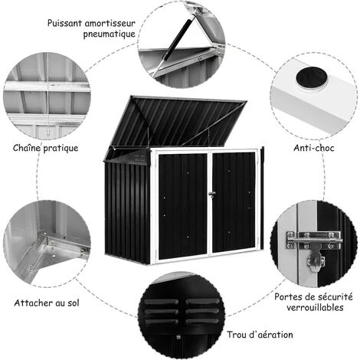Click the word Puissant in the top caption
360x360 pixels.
(65, 23)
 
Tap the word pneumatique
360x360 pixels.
(109, 34)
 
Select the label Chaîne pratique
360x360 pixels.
(45, 148)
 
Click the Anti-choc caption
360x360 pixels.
(314, 148)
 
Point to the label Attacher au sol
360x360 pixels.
(47, 303)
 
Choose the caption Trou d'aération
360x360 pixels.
(260, 335)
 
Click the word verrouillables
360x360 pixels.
(315, 307)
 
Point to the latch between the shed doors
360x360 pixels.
(211, 195)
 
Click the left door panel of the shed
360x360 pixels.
(182, 206)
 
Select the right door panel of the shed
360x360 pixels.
(234, 202)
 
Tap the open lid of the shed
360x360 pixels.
(176, 123)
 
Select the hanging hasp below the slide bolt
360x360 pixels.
(316, 258)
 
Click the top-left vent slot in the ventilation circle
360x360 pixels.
(161, 302)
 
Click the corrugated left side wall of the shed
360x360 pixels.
(126, 212)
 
